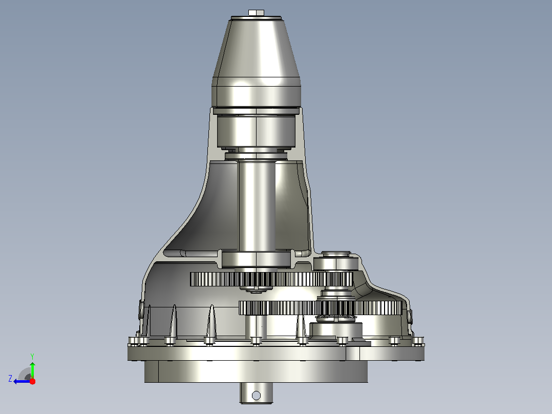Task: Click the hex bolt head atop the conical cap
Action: [x=256, y=13]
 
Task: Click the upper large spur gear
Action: [x=271, y=279]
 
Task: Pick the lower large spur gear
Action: [x=321, y=307]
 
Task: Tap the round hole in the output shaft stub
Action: [x=256, y=396]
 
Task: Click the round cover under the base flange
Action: [x=256, y=371]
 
